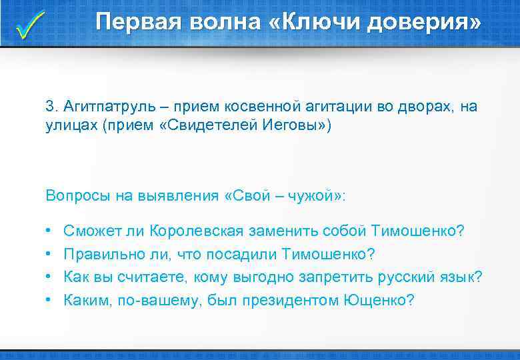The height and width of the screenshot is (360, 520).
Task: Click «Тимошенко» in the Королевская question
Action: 417,231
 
